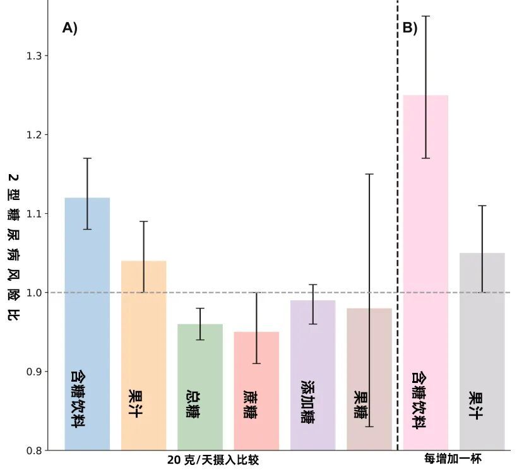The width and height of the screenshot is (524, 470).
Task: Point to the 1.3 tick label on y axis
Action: [33, 56]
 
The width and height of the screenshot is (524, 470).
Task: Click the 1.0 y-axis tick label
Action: [33, 293]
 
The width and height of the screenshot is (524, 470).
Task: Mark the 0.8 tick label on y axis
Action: [33, 450]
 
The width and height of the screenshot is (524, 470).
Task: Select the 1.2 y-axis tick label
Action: [33, 135]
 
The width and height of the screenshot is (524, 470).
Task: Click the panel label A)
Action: [69, 28]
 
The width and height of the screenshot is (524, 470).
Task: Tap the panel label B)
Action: [410, 28]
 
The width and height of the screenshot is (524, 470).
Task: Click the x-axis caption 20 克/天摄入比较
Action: [213, 460]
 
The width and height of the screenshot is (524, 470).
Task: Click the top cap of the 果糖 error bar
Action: [369, 174]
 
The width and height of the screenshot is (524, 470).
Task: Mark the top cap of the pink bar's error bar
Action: [426, 16]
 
